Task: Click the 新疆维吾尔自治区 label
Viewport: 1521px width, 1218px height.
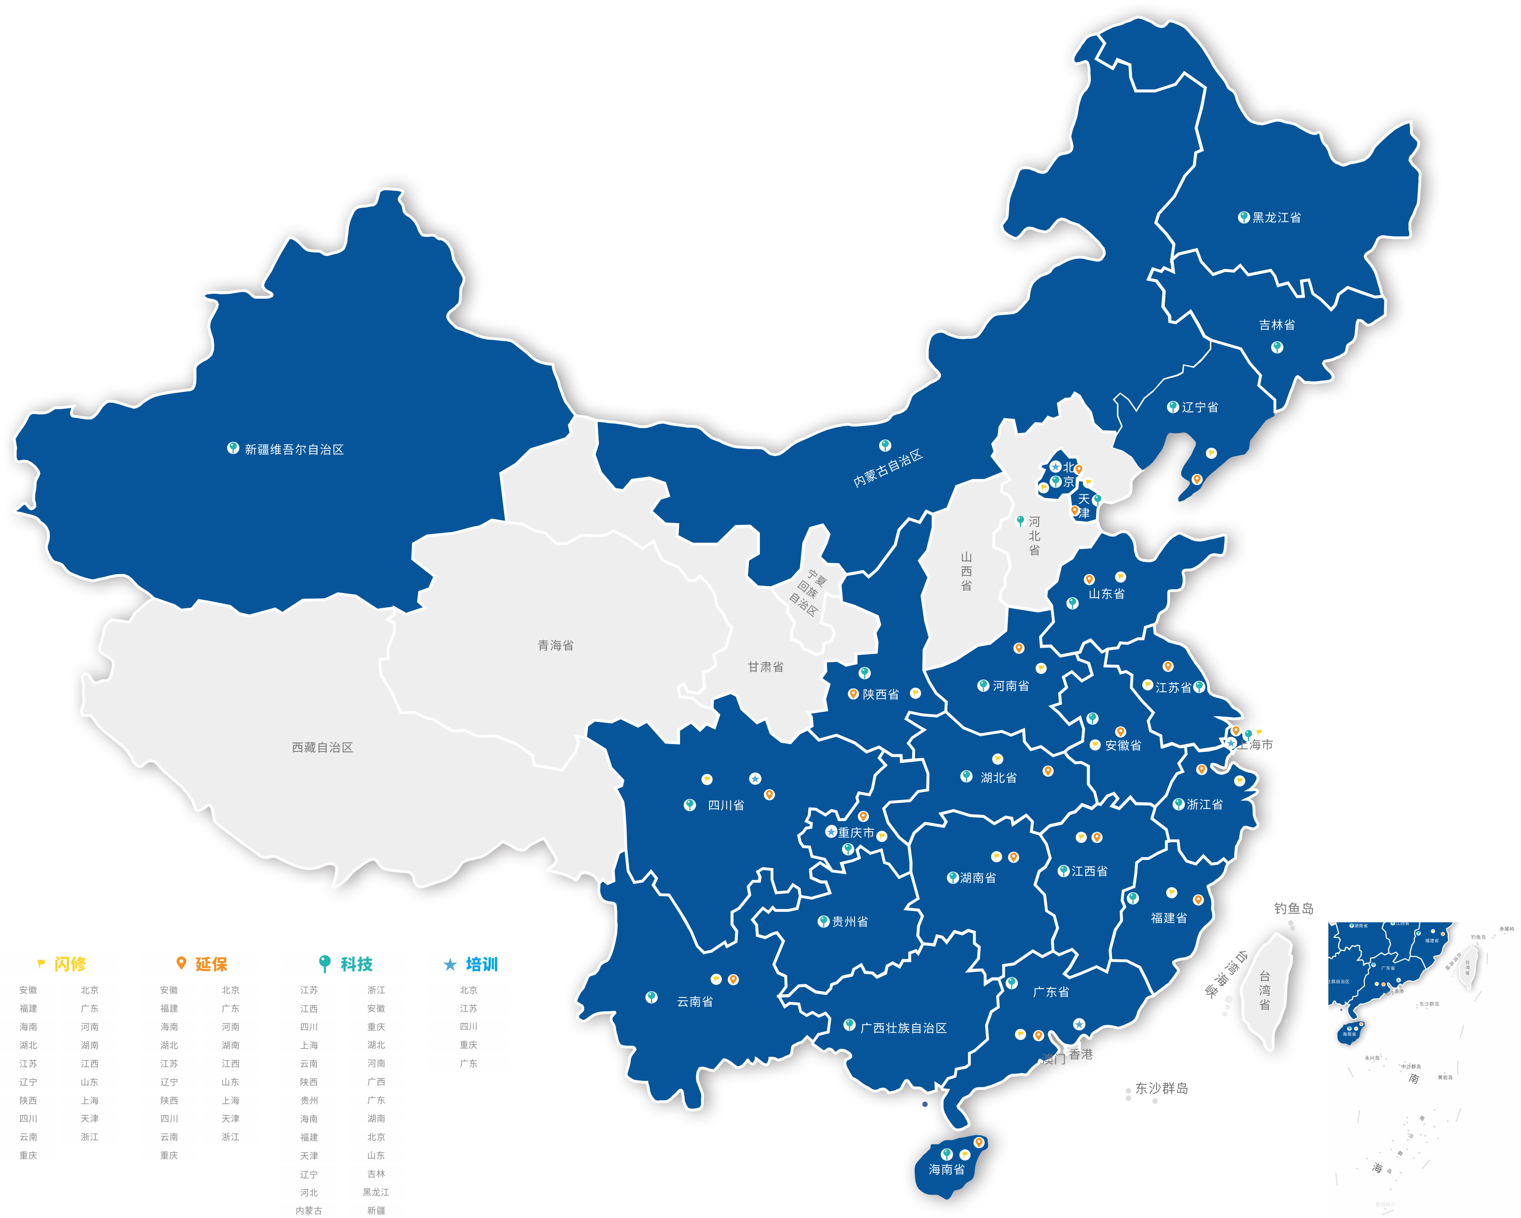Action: (x=294, y=449)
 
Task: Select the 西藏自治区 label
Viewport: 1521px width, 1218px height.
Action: (x=322, y=747)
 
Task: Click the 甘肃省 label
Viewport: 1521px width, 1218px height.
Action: (x=766, y=666)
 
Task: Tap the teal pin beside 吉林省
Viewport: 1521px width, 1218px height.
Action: (x=1277, y=347)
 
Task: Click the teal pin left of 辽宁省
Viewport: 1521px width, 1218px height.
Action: (x=1173, y=407)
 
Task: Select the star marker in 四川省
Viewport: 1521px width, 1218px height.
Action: (x=755, y=778)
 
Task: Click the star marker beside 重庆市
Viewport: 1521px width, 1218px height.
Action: (x=831, y=832)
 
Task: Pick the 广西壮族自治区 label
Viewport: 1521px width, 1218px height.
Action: (x=903, y=1028)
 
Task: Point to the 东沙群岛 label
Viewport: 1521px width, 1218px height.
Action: (x=1161, y=1088)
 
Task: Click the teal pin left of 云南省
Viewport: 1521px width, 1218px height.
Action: (x=651, y=997)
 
